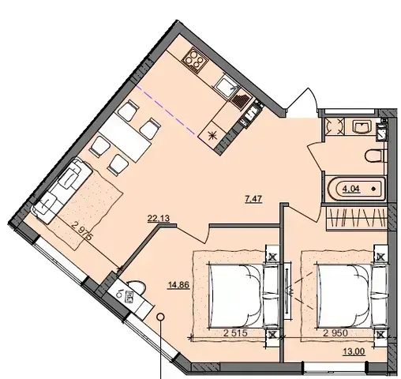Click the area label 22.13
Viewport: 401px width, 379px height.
(159, 219)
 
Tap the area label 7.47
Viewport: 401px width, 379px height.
(253, 199)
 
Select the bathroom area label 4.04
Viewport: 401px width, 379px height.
(351, 189)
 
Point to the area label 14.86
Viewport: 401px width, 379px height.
(178, 285)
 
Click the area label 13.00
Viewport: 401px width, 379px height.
(354, 351)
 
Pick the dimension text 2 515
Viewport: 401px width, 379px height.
(235, 333)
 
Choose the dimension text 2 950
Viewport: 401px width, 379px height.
(335, 333)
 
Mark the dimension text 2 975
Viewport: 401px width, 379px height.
(82, 231)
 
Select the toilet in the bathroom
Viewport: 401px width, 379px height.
(373, 156)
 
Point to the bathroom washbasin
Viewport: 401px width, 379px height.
(362, 127)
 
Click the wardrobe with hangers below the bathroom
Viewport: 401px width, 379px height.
(357, 218)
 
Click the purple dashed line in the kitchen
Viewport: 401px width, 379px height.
(166, 110)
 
